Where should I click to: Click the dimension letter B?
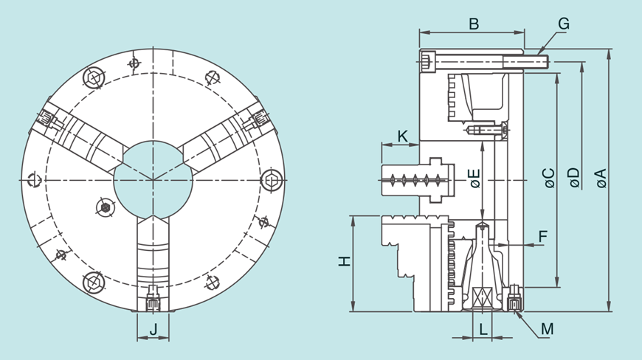474,24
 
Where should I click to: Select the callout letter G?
564,24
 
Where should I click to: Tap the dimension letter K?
403,136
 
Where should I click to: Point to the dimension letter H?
345,261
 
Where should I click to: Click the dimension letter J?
153,328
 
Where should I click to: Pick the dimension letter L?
483,329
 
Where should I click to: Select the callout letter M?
548,329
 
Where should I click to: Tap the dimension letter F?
543,236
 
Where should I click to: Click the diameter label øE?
475,179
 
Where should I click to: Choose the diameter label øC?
550,179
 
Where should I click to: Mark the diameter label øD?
575,179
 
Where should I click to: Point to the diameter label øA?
601,179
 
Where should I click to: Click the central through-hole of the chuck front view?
153,180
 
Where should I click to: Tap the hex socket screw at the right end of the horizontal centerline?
272,180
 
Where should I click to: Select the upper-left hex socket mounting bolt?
94,77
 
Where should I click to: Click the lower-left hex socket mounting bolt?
94,283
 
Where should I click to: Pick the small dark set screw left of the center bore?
106,208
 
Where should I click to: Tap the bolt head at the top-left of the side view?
428,61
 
